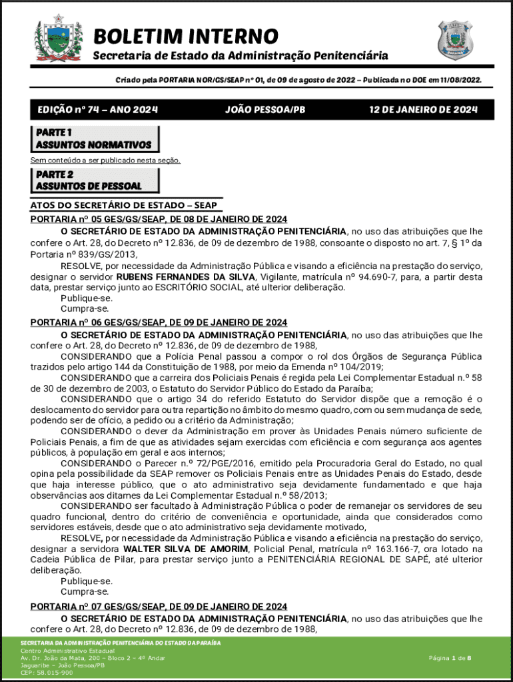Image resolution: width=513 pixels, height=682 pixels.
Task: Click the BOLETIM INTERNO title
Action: pyautogui.click(x=185, y=36)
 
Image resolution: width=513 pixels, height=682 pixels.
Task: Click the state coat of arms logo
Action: pyautogui.click(x=58, y=39)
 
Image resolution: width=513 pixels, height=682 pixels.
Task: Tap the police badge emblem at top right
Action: pyautogui.click(x=455, y=39)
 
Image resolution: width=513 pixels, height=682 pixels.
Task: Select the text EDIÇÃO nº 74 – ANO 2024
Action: pyautogui.click(x=97, y=110)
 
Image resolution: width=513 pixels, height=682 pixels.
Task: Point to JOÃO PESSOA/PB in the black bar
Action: pyautogui.click(x=265, y=110)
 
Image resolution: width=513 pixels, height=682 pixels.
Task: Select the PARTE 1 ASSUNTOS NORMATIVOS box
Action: pyautogui.click(x=95, y=139)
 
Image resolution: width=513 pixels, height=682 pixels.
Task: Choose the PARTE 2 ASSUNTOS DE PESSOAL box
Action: pyautogui.click(x=95, y=180)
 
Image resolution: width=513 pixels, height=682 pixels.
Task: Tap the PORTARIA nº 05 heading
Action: pyautogui.click(x=159, y=219)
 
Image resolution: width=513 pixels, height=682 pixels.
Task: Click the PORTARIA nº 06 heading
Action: pyautogui.click(x=159, y=322)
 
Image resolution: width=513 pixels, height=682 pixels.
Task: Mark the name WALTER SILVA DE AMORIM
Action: pyautogui.click(x=190, y=549)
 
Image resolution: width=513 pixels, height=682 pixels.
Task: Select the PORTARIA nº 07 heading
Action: pyautogui.click(x=159, y=607)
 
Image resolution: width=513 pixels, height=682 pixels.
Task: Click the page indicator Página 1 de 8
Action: pyautogui.click(x=450, y=658)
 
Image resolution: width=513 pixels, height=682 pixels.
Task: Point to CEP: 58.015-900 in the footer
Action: pyautogui.click(x=47, y=673)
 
